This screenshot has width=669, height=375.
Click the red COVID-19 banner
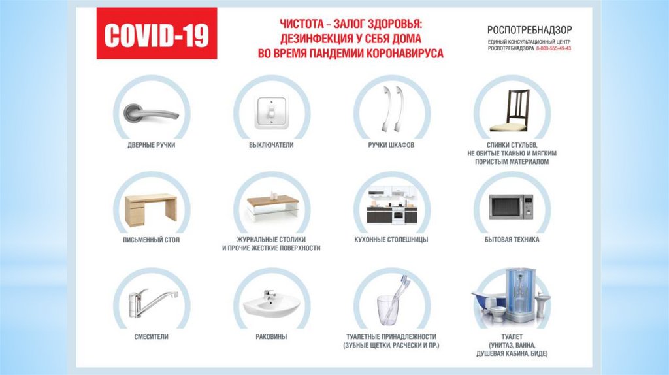pos(157,33)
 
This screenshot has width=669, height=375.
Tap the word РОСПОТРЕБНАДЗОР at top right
pos(529,30)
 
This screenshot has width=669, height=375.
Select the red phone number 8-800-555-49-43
pos(553,48)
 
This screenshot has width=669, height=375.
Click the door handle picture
pos(152,113)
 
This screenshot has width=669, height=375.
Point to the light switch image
pos(271,112)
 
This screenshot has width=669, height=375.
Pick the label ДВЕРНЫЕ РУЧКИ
pos(152,145)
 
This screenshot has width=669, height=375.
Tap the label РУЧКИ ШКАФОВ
pos(391,145)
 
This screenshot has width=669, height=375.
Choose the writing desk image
pos(151,210)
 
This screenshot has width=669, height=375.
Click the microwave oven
pos(511,207)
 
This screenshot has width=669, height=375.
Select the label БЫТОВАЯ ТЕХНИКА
pos(512,240)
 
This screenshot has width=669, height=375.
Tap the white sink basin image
pos(271,304)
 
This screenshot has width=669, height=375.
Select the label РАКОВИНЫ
pos(271,337)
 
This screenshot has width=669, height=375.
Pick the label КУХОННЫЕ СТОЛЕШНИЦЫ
pos(391,240)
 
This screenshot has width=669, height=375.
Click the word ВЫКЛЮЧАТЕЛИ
pos(271,145)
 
